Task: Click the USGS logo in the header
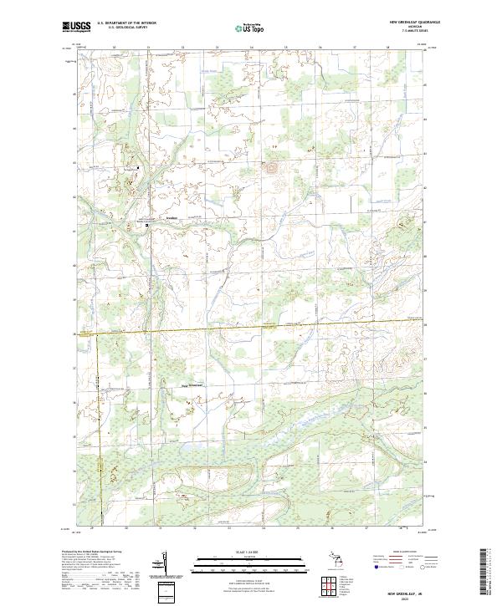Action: coord(77,28)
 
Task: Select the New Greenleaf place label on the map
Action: coord(193,384)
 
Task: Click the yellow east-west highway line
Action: coord(251,326)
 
